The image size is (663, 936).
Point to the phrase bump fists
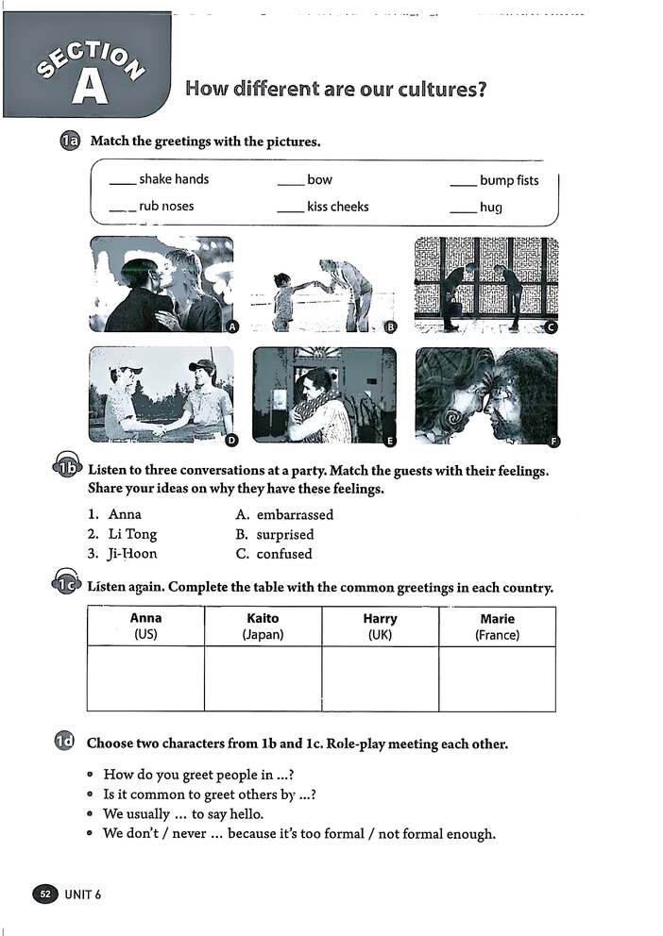[509, 180]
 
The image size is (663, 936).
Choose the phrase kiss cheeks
[337, 207]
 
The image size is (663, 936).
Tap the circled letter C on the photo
[552, 326]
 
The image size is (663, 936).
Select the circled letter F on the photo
[553, 441]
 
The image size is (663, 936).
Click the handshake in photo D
[159, 429]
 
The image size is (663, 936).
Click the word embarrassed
[295, 514]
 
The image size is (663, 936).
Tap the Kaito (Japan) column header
[263, 626]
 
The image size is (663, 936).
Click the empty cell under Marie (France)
[497, 677]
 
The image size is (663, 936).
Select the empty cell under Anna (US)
[145, 677]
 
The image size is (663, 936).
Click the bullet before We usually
[90, 814]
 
